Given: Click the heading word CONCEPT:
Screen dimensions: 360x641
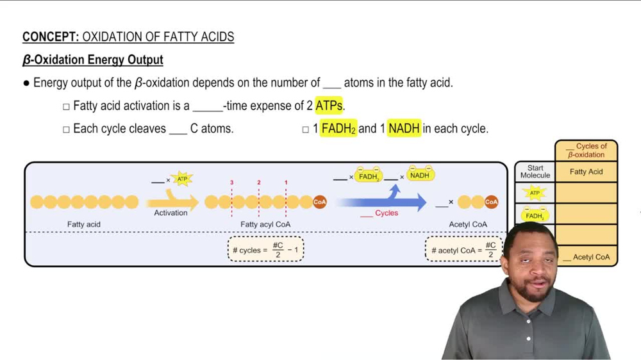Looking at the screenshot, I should [x=51, y=37].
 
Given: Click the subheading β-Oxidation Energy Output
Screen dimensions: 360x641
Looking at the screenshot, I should [x=93, y=60].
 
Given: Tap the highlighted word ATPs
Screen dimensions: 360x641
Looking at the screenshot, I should [x=329, y=106].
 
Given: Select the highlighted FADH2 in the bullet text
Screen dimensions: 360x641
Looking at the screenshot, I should [x=338, y=129].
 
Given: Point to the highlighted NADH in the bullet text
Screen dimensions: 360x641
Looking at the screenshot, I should [x=404, y=129].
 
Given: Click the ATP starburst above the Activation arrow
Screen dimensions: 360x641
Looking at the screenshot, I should [x=183, y=179].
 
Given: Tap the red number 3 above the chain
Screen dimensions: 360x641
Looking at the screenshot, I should [x=232, y=183].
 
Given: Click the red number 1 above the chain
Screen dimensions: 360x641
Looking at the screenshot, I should [x=286, y=183].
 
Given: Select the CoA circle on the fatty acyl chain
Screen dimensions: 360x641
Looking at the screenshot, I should [x=319, y=202].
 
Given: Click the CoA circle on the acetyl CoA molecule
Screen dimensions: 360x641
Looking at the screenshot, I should [x=491, y=202].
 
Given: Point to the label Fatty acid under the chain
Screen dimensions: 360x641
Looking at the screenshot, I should [x=84, y=225].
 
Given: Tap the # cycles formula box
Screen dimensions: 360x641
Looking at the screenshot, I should [x=265, y=249].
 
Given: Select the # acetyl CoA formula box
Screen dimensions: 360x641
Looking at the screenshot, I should [x=463, y=249].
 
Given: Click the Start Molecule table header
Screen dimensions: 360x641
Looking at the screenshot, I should [x=535, y=172].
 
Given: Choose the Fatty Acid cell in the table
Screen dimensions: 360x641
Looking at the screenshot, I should [x=586, y=172].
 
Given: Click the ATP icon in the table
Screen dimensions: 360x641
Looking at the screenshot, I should [x=535, y=193].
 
